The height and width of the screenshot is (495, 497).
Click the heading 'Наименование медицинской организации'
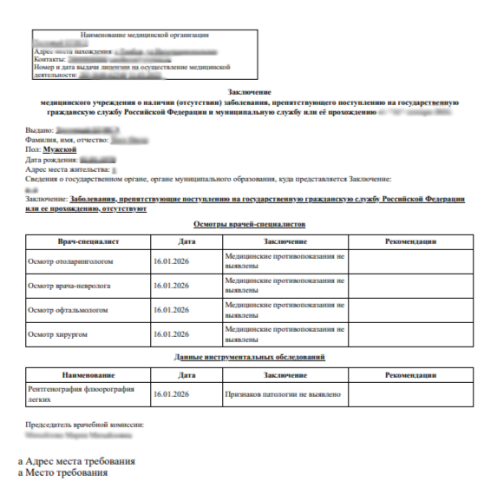(147, 35)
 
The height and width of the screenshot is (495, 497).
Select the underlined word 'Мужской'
(60, 149)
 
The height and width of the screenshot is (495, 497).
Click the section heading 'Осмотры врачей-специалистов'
(249, 224)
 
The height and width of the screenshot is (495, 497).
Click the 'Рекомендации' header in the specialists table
(410, 241)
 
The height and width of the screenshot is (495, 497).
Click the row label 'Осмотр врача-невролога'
(70, 284)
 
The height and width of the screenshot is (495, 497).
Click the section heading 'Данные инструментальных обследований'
(249, 357)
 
